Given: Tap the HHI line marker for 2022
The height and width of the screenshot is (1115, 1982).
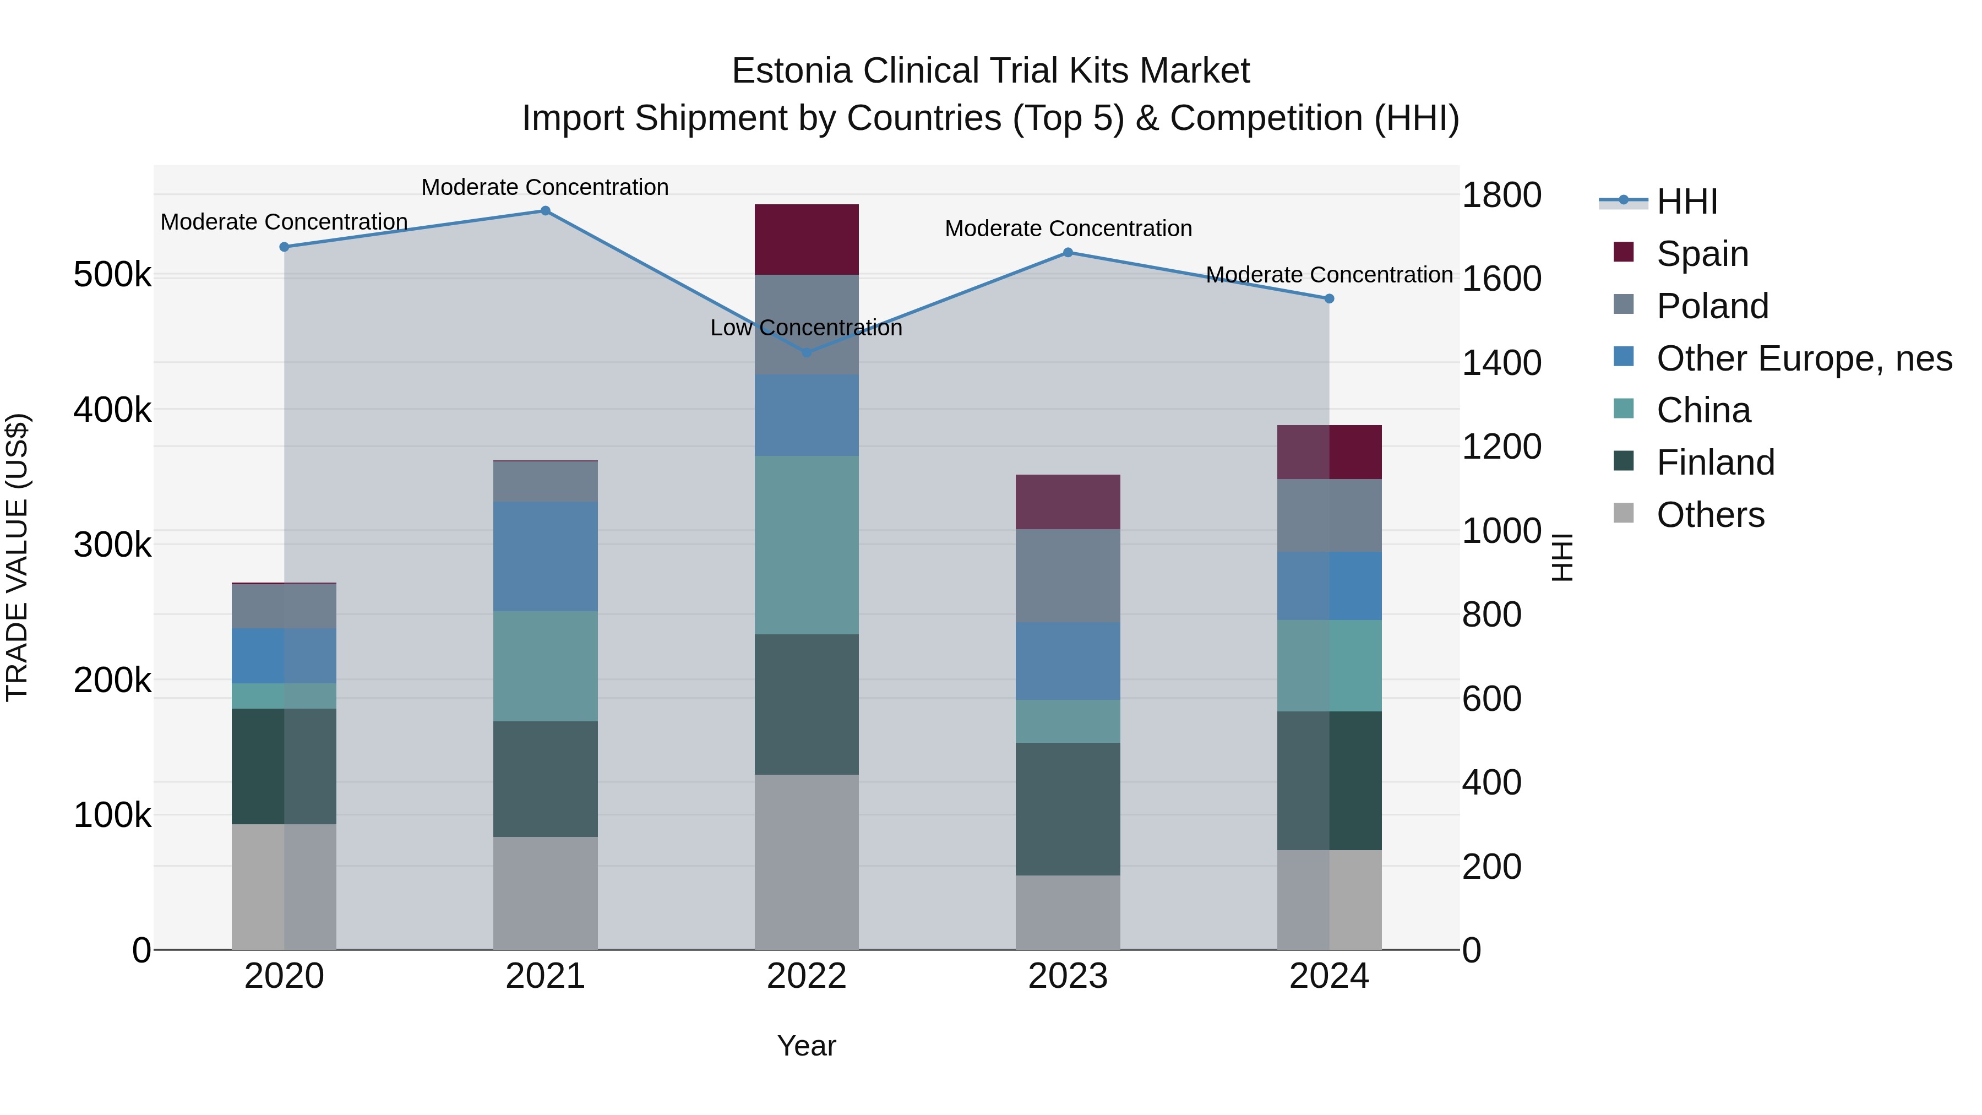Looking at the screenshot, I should coord(807,352).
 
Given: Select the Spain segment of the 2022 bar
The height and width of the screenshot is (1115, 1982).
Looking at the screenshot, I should coord(807,240).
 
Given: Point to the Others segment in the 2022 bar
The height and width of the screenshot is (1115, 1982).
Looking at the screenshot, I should coord(807,862).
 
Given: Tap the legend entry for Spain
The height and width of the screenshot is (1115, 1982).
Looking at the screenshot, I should coord(1702,254).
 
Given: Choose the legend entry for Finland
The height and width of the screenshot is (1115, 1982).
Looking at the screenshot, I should coord(1715,463).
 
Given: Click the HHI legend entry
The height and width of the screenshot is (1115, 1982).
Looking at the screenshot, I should coord(1686,202).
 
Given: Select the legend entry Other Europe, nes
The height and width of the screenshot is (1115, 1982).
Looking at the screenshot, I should coord(1804,358).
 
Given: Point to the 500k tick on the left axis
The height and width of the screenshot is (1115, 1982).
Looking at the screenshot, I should coord(112,275).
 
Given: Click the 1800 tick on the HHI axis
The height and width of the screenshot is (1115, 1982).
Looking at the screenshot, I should coord(1500,195).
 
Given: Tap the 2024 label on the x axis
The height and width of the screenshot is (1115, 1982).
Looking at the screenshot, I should coord(1329,976).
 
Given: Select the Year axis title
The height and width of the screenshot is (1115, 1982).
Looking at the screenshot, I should coord(807,1046).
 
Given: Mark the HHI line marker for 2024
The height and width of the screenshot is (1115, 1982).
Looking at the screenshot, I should coord(1329,298).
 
